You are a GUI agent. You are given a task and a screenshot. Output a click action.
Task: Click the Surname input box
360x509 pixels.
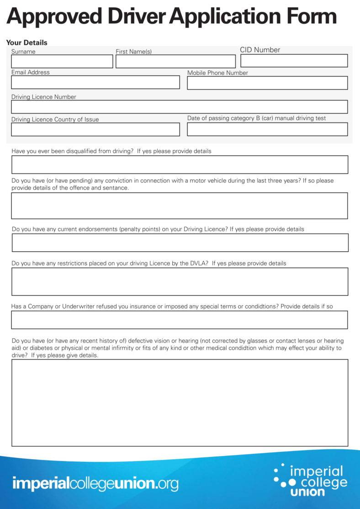62,62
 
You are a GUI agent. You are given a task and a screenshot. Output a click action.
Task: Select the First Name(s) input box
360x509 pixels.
175,62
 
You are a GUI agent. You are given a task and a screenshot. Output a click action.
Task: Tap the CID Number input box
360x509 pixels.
294,61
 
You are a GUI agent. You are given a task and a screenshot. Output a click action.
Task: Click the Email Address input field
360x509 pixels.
95,82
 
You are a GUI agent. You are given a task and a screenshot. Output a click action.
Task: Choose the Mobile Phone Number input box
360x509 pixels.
267,83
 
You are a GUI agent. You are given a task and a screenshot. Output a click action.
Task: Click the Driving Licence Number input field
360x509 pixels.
179,107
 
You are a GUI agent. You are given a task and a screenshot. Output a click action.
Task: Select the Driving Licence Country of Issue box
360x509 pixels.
95,130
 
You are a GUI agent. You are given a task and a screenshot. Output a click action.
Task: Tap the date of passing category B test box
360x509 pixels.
267,129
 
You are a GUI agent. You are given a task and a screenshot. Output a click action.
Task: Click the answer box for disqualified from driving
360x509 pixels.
180,164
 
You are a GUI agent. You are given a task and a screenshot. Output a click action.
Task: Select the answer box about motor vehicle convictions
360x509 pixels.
180,206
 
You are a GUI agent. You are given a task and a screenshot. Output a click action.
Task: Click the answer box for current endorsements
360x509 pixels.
180,243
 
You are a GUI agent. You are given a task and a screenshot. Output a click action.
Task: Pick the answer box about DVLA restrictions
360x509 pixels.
180,281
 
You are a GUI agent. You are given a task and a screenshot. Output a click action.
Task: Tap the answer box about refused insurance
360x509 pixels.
180,320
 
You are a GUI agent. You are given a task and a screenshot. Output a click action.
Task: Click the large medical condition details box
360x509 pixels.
180,403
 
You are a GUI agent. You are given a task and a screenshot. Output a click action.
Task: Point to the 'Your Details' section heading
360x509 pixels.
27,42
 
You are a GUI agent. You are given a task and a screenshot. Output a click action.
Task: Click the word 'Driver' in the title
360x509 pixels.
137,17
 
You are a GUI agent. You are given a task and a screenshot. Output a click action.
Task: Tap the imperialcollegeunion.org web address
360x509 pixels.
95,483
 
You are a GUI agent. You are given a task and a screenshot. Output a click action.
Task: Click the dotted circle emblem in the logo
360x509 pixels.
281,476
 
